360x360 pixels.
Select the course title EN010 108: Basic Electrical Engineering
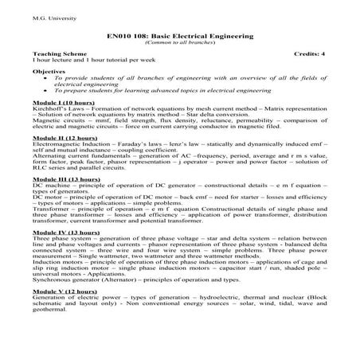179,36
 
